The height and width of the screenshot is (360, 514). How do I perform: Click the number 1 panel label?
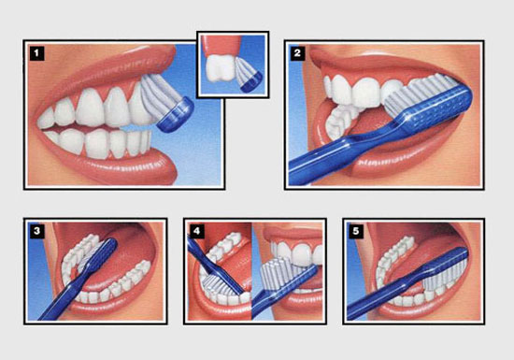click(x=36, y=53)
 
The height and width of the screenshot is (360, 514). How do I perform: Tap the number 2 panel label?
click(x=297, y=53)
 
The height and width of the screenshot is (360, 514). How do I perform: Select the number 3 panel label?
click(x=36, y=231)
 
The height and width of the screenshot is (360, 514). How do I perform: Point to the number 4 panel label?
click(x=196, y=231)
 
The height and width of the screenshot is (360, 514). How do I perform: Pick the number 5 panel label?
click(x=356, y=231)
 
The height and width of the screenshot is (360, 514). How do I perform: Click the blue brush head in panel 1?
click(x=176, y=115)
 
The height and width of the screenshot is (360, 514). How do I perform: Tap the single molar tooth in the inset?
click(x=219, y=68)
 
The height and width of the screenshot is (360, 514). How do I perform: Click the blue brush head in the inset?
click(x=251, y=81)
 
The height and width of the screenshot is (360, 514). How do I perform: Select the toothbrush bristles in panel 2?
click(x=421, y=93)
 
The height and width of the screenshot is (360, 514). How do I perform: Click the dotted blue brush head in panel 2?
click(x=437, y=108)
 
